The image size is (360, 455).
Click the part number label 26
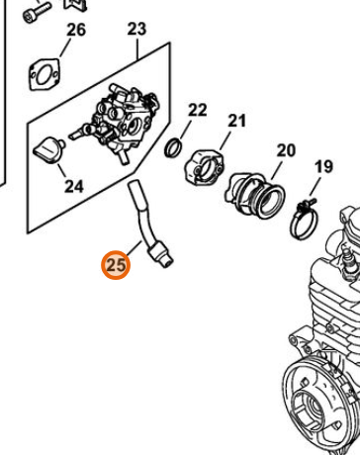point(76,30)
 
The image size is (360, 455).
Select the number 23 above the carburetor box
point(136,29)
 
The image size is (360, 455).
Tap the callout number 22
point(197,110)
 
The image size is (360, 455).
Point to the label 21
point(236,121)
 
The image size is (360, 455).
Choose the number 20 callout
point(286,150)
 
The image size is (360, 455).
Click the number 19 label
point(323,167)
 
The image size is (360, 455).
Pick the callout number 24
point(74,187)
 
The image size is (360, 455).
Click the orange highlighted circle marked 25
point(116,265)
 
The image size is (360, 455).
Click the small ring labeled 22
point(173,147)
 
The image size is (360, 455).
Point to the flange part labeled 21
point(204,167)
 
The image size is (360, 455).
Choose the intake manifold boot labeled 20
point(254,196)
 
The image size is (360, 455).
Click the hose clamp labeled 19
point(304,219)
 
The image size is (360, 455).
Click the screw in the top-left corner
point(37,11)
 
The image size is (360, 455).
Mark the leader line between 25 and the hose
point(135,249)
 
